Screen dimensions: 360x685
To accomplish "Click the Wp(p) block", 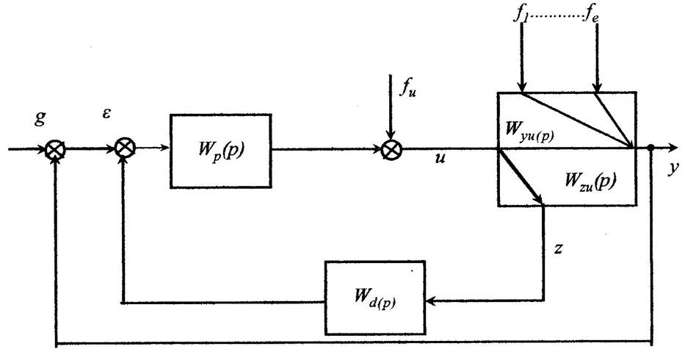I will click(220, 143).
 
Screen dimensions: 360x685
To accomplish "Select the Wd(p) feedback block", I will click(374, 298).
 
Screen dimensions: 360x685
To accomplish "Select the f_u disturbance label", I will click(408, 93).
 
